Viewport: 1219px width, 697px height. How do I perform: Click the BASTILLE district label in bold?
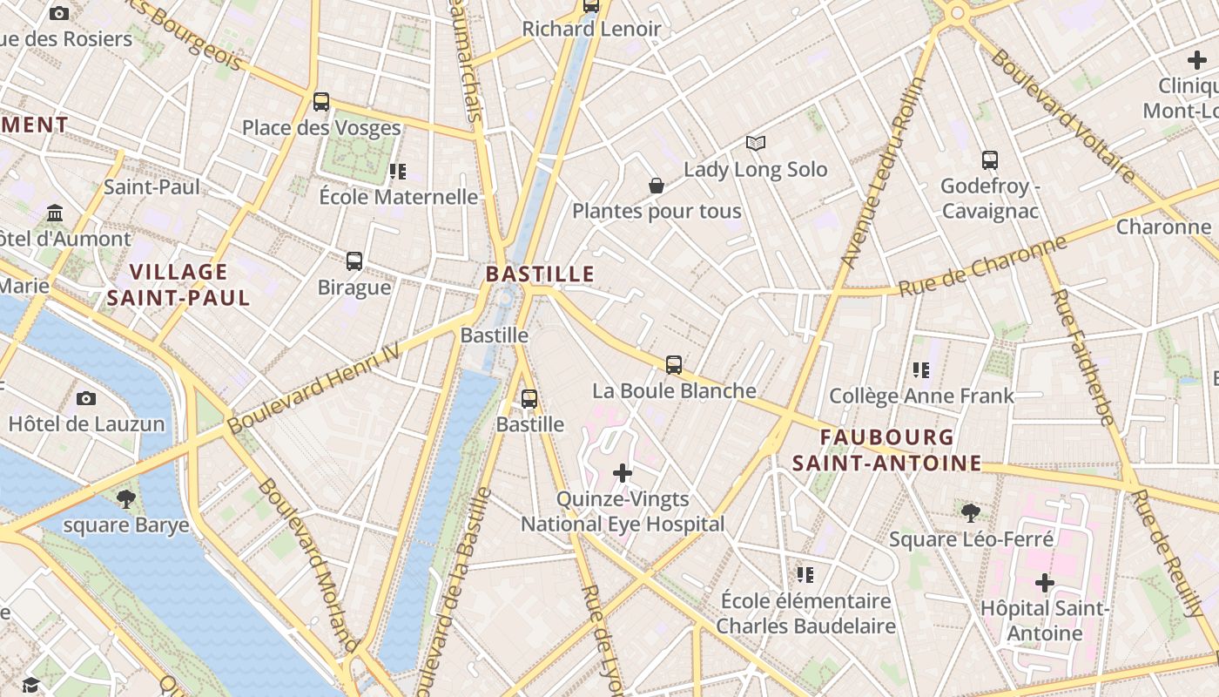(x=540, y=274)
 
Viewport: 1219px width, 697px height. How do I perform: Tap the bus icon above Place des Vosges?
(x=321, y=102)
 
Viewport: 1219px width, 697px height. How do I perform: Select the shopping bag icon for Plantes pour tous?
(x=657, y=186)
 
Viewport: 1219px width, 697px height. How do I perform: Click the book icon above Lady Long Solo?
(x=756, y=144)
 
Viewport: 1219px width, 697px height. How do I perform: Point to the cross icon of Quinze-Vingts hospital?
(x=623, y=473)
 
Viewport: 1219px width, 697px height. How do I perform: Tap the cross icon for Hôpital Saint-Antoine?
(x=1044, y=582)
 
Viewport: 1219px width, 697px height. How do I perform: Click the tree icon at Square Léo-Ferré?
(x=971, y=513)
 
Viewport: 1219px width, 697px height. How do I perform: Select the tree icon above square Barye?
(x=126, y=499)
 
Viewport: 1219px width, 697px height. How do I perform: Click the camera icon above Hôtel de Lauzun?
(x=85, y=399)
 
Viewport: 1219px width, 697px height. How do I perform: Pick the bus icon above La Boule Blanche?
(x=674, y=365)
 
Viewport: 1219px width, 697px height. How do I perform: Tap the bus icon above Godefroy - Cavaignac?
(x=990, y=160)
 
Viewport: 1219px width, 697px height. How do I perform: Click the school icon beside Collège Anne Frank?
(x=921, y=370)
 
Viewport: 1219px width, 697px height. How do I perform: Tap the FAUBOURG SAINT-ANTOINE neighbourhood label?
(x=886, y=450)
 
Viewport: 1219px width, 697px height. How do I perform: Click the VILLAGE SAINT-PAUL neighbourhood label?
(x=178, y=285)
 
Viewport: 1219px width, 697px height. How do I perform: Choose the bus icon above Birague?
(x=354, y=261)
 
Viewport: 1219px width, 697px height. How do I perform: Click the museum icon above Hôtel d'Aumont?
(x=56, y=213)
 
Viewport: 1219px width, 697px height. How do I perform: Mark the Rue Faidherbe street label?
(x=1082, y=356)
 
